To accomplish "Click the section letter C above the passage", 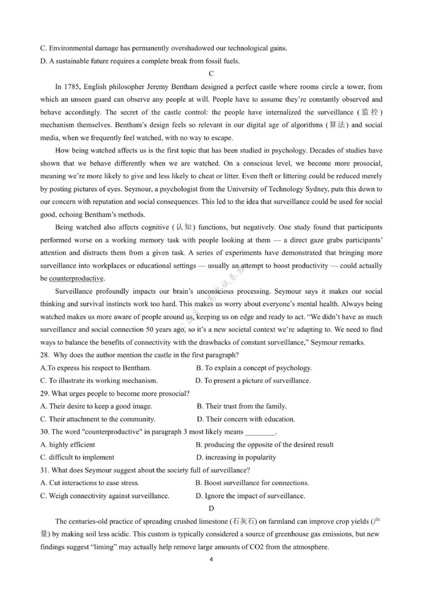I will pos(212,73).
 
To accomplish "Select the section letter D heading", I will pos(212,509).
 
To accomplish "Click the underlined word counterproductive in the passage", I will pos(77,278).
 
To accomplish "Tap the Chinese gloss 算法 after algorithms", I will pos(334,125).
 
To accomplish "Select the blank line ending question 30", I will pos(261,433).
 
